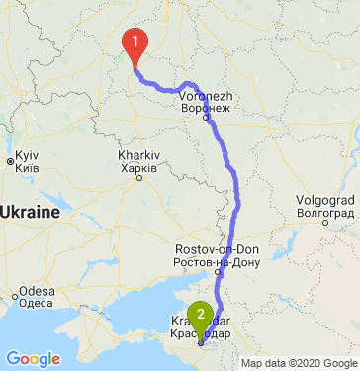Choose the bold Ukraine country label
[31, 212]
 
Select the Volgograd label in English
[324, 200]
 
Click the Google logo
[33, 358]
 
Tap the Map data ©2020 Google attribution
[299, 363]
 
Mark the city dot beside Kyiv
[9, 161]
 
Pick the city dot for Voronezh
[206, 119]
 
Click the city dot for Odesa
[18, 296]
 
